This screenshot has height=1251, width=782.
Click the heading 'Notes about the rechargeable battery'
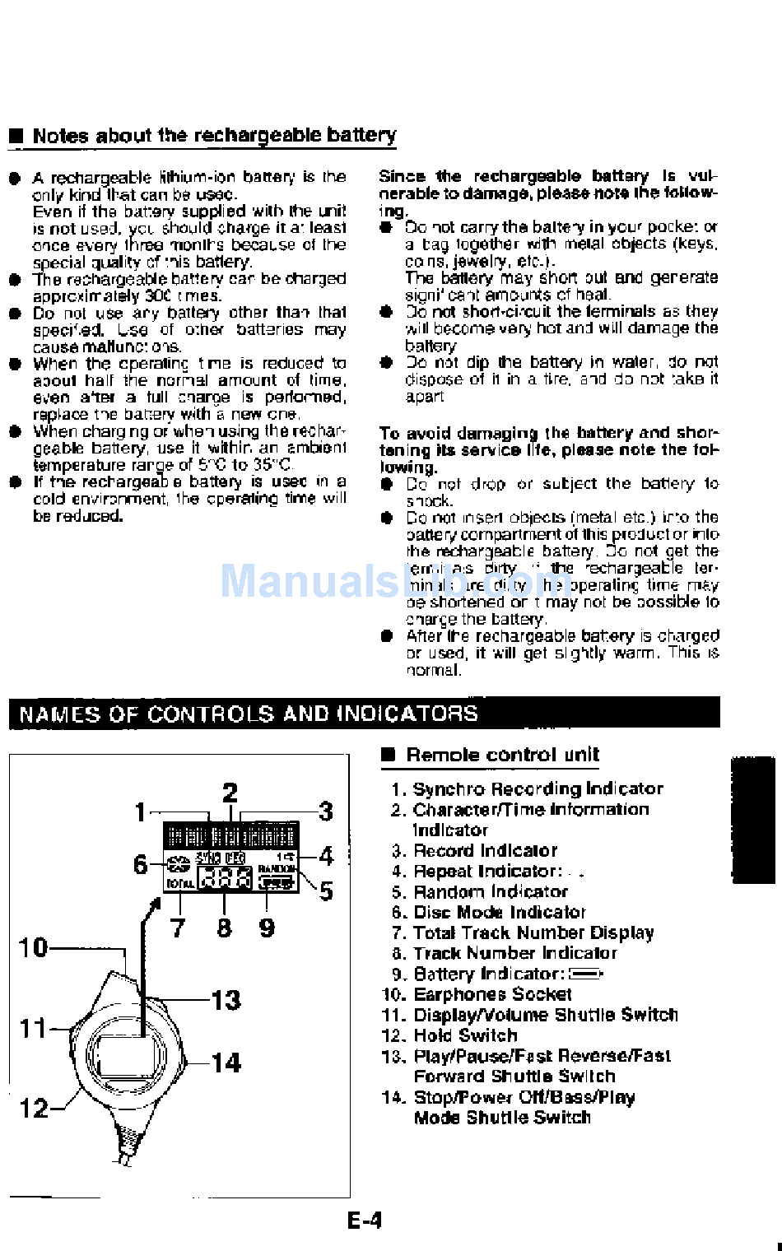[214, 135]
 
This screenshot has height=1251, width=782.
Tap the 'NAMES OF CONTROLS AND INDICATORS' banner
[248, 714]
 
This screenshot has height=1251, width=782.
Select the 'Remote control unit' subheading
[502, 755]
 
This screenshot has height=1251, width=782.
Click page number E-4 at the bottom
[365, 1220]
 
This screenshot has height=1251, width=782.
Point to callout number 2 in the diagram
[230, 793]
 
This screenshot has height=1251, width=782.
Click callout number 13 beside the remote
[226, 1000]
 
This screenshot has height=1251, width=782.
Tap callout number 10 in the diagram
[34, 947]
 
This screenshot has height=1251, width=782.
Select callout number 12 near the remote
[34, 1108]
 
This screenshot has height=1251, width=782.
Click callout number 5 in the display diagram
[326, 891]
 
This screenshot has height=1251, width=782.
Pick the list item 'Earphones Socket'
[492, 994]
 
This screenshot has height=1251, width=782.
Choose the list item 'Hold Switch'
[465, 1035]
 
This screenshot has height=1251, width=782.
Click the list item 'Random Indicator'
[490, 891]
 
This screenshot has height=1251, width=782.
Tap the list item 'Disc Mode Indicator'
[499, 912]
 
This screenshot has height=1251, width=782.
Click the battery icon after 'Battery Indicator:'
[586, 974]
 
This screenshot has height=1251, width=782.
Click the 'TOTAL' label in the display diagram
[180, 883]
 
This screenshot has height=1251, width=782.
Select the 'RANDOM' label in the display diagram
[277, 868]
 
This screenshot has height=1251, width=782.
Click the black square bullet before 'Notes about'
[16, 137]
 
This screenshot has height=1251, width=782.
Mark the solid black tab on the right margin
[752, 820]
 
